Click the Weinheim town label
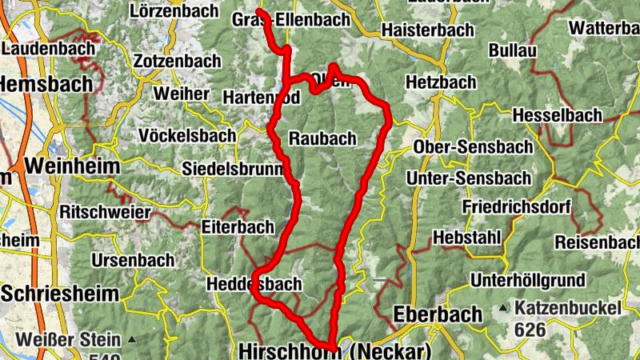(72, 166)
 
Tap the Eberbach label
(437, 314)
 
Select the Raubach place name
(322, 138)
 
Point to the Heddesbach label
(254, 284)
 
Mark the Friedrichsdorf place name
(516, 207)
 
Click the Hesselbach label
(557, 115)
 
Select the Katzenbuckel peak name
(569, 307)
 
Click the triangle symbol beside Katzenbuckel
(502, 308)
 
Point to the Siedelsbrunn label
(233, 170)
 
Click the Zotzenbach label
(177, 61)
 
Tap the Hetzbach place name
(441, 82)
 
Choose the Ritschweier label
(105, 212)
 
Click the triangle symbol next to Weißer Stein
(131, 340)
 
